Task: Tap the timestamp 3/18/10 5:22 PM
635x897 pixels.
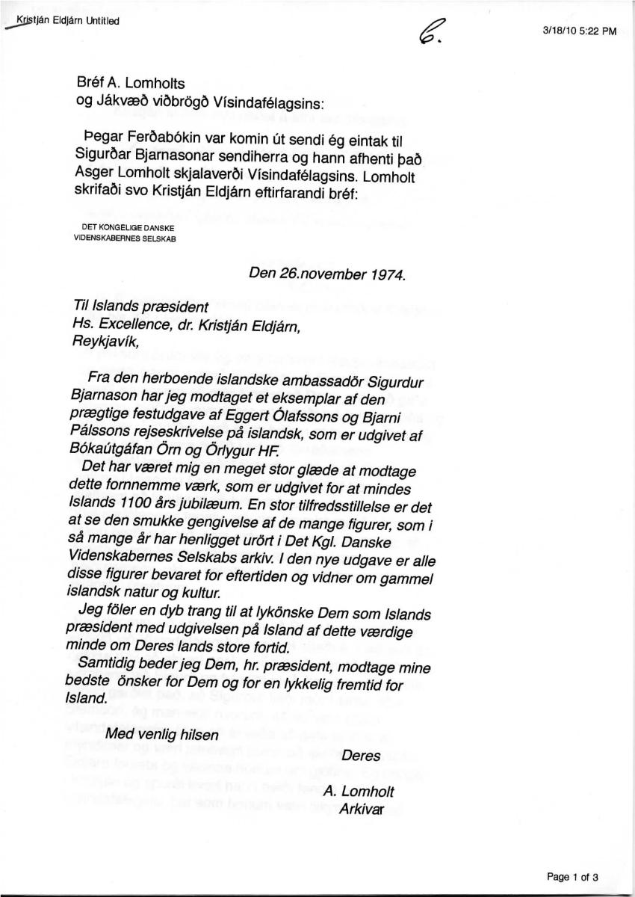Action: (579, 31)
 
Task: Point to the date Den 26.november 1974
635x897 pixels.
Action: (327, 274)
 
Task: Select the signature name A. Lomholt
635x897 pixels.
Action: (359, 792)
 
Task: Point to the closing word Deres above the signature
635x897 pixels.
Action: (361, 755)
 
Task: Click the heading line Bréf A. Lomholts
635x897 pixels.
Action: (130, 84)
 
